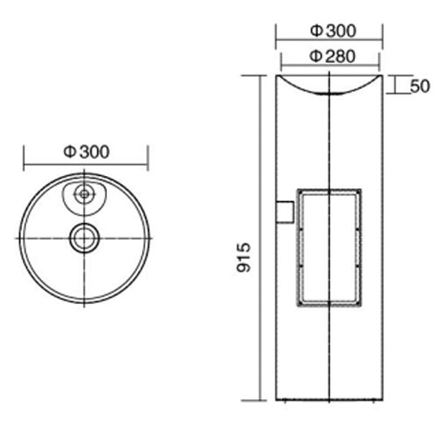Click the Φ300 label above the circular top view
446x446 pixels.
pyautogui.click(x=86, y=152)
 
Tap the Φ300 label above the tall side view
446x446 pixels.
pyautogui.click(x=332, y=31)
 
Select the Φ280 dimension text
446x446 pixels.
pyautogui.click(x=332, y=56)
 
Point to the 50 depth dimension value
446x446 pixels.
pyautogui.click(x=420, y=86)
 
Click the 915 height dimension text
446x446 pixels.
pyautogui.click(x=244, y=257)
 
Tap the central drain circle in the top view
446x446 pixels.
pyautogui.click(x=84, y=238)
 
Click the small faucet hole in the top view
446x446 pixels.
pyautogui.click(x=84, y=195)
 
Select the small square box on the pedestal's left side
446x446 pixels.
pyautogui.click(x=285, y=212)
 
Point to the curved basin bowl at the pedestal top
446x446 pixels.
pyautogui.click(x=329, y=93)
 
